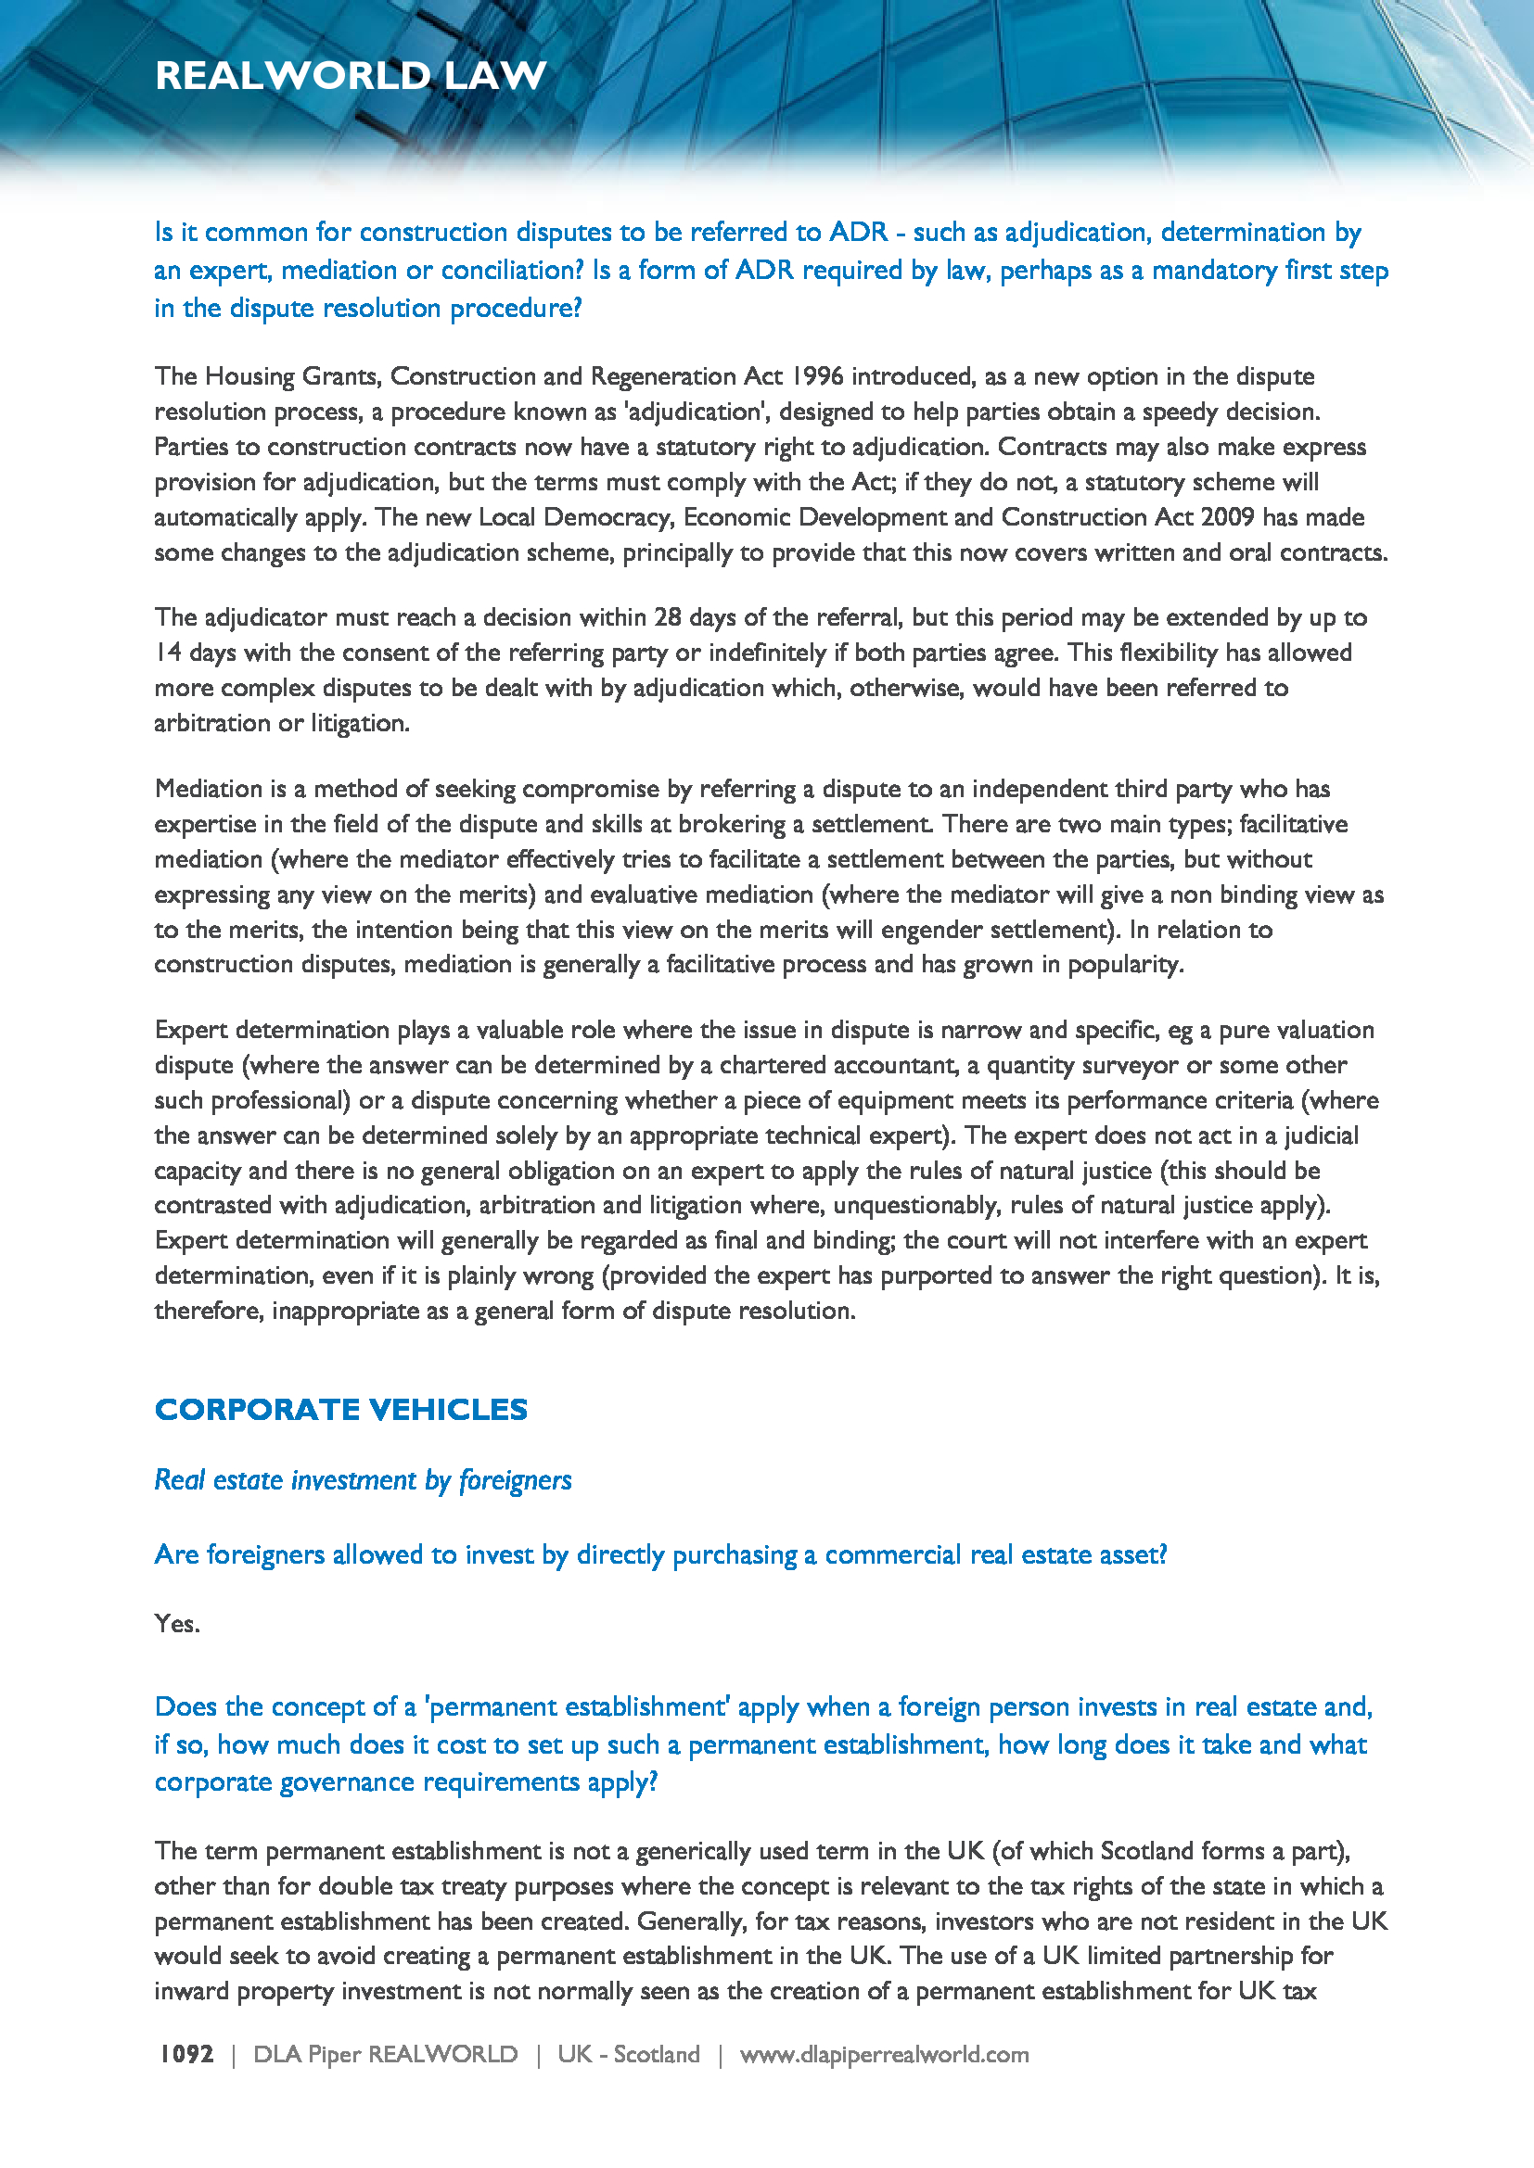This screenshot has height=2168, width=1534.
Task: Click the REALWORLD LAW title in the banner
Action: (351, 75)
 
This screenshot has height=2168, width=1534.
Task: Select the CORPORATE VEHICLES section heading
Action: (341, 1409)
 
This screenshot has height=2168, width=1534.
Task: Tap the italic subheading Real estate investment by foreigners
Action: (363, 1479)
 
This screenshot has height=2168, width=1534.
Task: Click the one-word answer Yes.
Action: (176, 1623)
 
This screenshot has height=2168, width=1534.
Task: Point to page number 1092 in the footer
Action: (187, 2054)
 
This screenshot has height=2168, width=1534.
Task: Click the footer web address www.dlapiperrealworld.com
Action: (884, 2054)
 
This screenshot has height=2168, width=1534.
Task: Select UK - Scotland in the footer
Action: (628, 2054)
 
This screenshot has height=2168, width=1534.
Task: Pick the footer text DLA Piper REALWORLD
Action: (386, 2054)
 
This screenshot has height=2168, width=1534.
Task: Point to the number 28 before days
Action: (668, 616)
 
